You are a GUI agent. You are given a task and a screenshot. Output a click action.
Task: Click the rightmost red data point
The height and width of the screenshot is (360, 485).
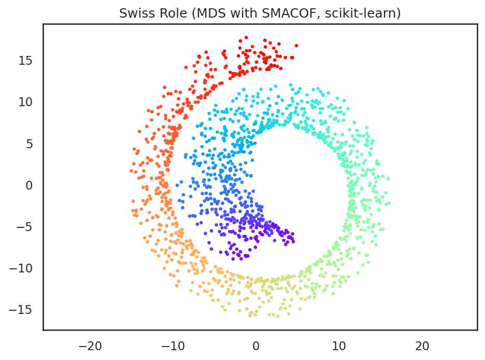296,46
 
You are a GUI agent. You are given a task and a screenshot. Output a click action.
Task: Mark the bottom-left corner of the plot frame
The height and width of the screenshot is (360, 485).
43,329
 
